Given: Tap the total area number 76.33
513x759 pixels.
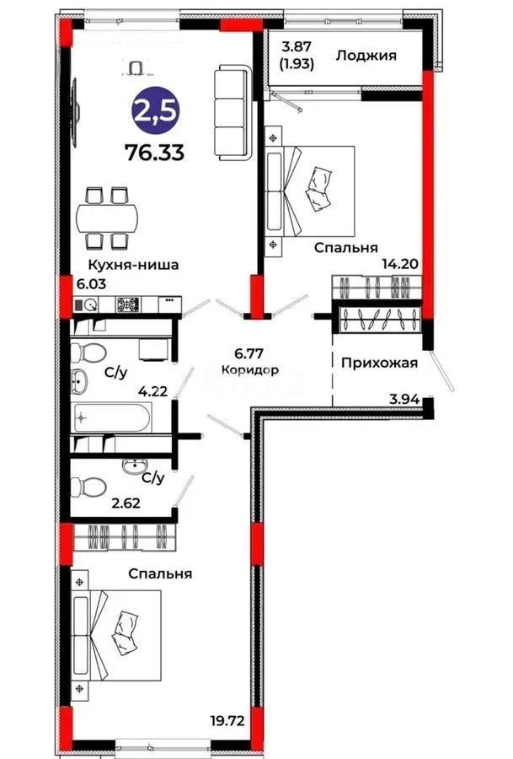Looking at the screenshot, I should [155, 153].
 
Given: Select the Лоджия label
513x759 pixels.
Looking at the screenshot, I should [366, 57].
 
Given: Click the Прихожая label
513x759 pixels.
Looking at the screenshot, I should [380, 363].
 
